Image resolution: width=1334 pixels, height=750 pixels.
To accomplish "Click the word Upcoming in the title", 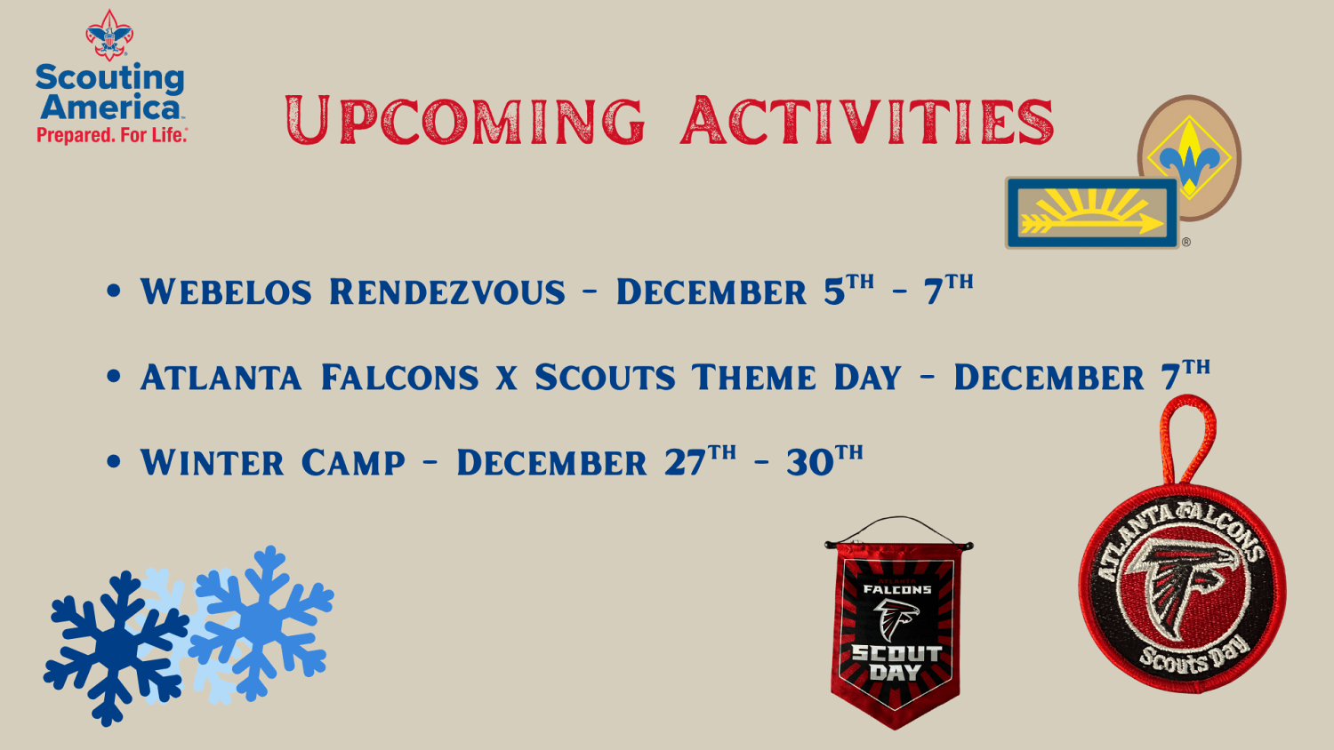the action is point(465,120).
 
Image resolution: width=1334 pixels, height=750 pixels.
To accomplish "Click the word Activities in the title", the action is point(867,120).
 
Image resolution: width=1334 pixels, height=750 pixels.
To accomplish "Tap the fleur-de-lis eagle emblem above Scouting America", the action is point(109,36).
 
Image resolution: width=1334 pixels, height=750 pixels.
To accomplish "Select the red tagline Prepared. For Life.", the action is point(112,135).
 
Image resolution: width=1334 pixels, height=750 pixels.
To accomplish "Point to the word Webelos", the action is point(226,291).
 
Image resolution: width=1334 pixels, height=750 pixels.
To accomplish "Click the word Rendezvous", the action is point(447,291).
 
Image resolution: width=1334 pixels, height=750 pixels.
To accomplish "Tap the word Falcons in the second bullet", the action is point(399,378).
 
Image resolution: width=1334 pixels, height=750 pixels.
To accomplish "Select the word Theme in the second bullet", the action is point(754,378).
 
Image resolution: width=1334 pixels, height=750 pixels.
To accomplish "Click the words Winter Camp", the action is point(273,462).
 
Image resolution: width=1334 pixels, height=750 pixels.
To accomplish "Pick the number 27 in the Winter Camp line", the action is point(685,462).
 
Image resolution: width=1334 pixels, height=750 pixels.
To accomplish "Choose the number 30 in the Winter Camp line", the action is point(810,462).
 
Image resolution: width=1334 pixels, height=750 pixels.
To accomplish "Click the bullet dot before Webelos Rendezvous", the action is point(113,291).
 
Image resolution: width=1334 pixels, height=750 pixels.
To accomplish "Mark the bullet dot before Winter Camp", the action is point(113,462).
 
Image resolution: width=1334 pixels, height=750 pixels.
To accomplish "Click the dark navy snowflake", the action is point(113,648).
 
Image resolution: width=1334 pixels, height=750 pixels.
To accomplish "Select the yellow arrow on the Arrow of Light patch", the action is point(1093,224).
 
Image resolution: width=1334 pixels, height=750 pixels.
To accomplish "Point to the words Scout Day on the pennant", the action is point(896,663).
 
